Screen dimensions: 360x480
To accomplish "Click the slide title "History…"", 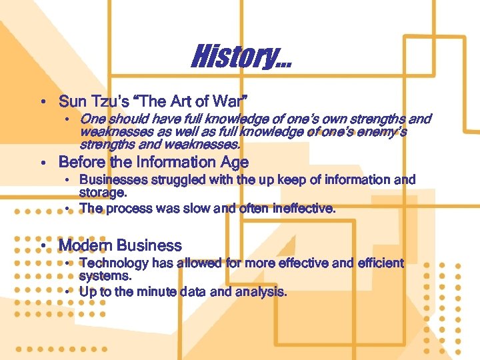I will [241, 57].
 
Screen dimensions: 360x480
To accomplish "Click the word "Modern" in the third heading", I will [83, 245].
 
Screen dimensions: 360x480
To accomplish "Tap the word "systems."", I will [105, 275].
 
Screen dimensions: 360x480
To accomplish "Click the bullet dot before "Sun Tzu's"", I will [43, 103].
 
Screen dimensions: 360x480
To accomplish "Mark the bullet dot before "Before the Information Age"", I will [43, 163].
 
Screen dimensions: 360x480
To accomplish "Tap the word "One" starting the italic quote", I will [91, 120].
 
